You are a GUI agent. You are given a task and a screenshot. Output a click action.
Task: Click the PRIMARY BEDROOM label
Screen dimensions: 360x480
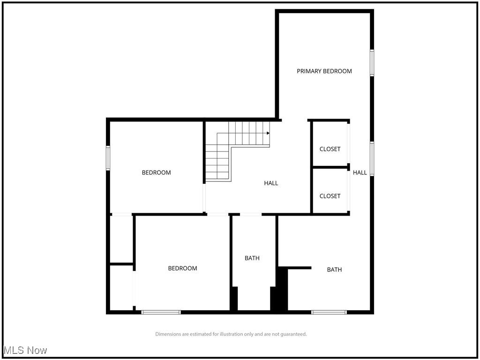pos(324,71)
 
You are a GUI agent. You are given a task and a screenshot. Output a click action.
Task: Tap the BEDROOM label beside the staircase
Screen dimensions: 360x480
pos(156,172)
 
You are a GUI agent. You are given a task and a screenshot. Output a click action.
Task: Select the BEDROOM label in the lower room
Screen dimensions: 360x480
pos(182,268)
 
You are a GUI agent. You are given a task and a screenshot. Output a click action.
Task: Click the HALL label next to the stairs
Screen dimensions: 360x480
pos(271,183)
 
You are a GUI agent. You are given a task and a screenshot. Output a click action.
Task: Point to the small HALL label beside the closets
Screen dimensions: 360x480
pos(360,172)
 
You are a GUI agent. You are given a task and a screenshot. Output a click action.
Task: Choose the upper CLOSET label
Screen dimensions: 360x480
pos(330,149)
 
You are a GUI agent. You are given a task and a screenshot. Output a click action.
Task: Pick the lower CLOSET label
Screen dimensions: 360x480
pos(330,196)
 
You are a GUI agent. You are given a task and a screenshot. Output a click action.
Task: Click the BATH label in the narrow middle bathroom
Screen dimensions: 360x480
pos(252,258)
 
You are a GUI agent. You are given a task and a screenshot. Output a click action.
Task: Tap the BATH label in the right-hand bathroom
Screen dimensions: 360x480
pos(334,270)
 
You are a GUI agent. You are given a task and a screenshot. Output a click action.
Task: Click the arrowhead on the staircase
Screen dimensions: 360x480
pos(268,133)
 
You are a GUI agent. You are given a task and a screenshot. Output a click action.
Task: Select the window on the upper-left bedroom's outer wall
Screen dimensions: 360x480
pos(108,158)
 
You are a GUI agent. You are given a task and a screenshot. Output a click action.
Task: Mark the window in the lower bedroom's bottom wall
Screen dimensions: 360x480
pos(161,312)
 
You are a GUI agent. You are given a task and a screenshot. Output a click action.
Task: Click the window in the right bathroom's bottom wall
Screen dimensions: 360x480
pos(329,312)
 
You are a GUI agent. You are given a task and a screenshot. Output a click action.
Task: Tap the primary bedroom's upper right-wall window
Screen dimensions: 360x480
pos(372,63)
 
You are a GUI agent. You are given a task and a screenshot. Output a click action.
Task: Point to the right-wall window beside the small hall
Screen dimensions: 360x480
pos(372,159)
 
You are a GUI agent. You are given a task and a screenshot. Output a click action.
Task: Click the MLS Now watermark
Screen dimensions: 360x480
pos(25,350)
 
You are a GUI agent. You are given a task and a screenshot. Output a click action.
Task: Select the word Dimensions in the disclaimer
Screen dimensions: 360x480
pos(169,334)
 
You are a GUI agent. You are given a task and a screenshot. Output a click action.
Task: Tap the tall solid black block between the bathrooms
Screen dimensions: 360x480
pos(281,290)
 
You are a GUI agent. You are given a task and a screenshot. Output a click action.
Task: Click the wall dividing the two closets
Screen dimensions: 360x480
pos(330,167)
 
